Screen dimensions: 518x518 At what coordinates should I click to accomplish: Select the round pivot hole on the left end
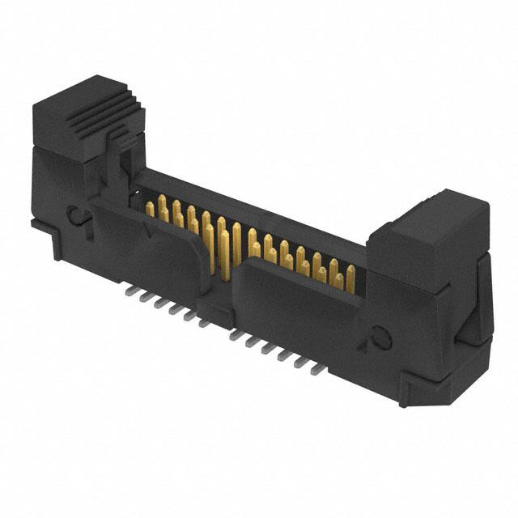[74, 214]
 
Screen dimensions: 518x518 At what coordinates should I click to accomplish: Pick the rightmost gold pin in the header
[350, 278]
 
